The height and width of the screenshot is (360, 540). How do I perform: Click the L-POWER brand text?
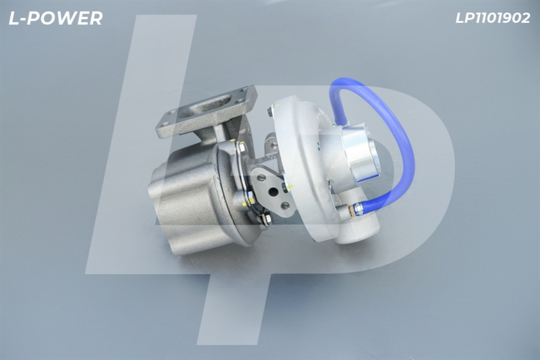pyautogui.click(x=55, y=18)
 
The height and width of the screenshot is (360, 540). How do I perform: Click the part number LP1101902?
pyautogui.click(x=493, y=18)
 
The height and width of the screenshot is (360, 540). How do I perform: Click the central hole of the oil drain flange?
pyautogui.click(x=274, y=191)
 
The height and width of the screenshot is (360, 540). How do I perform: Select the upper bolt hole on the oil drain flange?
pyautogui.click(x=261, y=178)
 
